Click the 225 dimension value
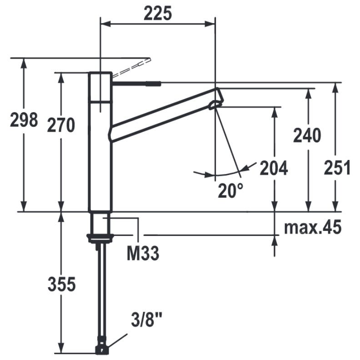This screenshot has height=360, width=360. coord(157,13)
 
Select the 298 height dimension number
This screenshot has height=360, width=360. coord(24,120)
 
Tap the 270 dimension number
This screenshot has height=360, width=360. coord(61,125)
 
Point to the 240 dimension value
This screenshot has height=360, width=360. coord(307,135)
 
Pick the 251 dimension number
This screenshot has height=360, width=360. coord(337,167)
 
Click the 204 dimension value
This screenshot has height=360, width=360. coord(274,168)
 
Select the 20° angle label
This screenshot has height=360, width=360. coord(230,190)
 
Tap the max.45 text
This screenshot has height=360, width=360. coord(313,227)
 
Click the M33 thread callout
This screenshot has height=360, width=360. coord(143,253)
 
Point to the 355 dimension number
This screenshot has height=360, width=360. coord(61,284)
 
